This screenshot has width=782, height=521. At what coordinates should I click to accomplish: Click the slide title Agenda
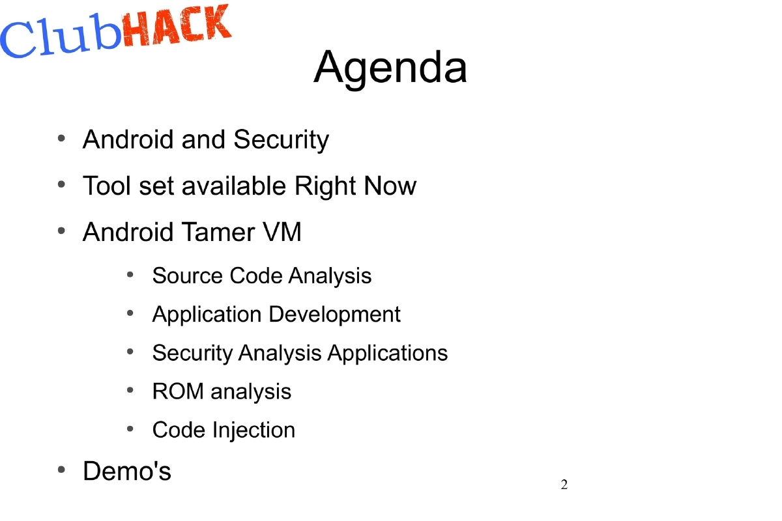tap(390, 68)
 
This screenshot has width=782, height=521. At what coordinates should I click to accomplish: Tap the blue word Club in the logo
tap(62, 38)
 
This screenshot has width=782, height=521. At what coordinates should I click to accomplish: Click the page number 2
tap(564, 485)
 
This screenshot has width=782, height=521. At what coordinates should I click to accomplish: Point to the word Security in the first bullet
tap(281, 139)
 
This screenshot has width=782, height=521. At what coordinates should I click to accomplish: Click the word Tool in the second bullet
tap(106, 186)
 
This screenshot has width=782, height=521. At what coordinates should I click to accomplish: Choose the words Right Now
tap(355, 186)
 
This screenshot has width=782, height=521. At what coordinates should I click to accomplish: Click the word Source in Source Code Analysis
tap(188, 275)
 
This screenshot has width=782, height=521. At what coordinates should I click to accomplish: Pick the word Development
tap(335, 314)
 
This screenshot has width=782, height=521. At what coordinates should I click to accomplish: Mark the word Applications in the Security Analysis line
tap(387, 353)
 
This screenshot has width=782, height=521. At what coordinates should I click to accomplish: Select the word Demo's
tap(127, 471)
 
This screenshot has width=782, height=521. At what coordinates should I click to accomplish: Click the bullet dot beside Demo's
tap(61, 470)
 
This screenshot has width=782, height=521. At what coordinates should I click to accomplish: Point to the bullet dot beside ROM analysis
tap(130, 391)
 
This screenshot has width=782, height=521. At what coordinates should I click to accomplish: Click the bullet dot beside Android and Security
tap(61, 138)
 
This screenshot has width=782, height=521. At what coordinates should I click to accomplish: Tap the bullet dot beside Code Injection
tap(130, 429)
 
